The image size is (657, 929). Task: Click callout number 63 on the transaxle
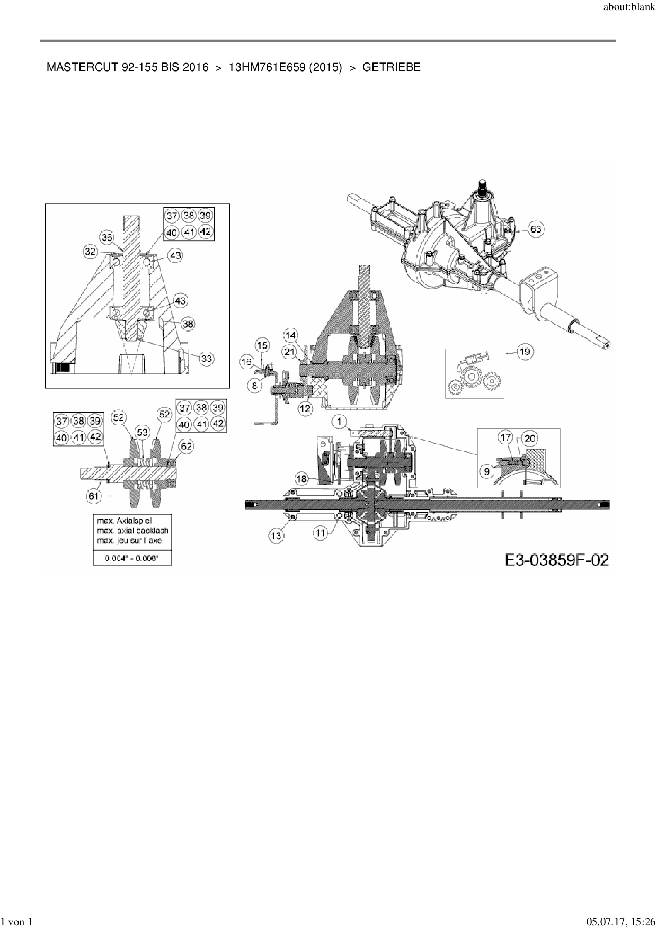(536, 229)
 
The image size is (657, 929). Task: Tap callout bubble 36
(108, 238)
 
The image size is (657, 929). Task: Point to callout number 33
(206, 359)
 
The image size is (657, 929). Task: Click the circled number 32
(90, 251)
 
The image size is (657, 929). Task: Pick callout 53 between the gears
(142, 432)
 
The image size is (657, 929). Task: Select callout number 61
(94, 496)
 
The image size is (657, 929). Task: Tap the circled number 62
(187, 446)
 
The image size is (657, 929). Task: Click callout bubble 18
(301, 479)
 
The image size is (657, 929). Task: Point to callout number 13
(277, 536)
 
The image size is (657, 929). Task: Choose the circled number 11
(320, 533)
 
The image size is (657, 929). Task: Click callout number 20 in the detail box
(530, 438)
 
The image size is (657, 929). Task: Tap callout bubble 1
(339, 421)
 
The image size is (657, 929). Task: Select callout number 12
(305, 408)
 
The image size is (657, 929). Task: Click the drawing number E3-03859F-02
(556, 560)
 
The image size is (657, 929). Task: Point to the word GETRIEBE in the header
(392, 67)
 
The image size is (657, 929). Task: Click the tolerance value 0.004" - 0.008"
(132, 558)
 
